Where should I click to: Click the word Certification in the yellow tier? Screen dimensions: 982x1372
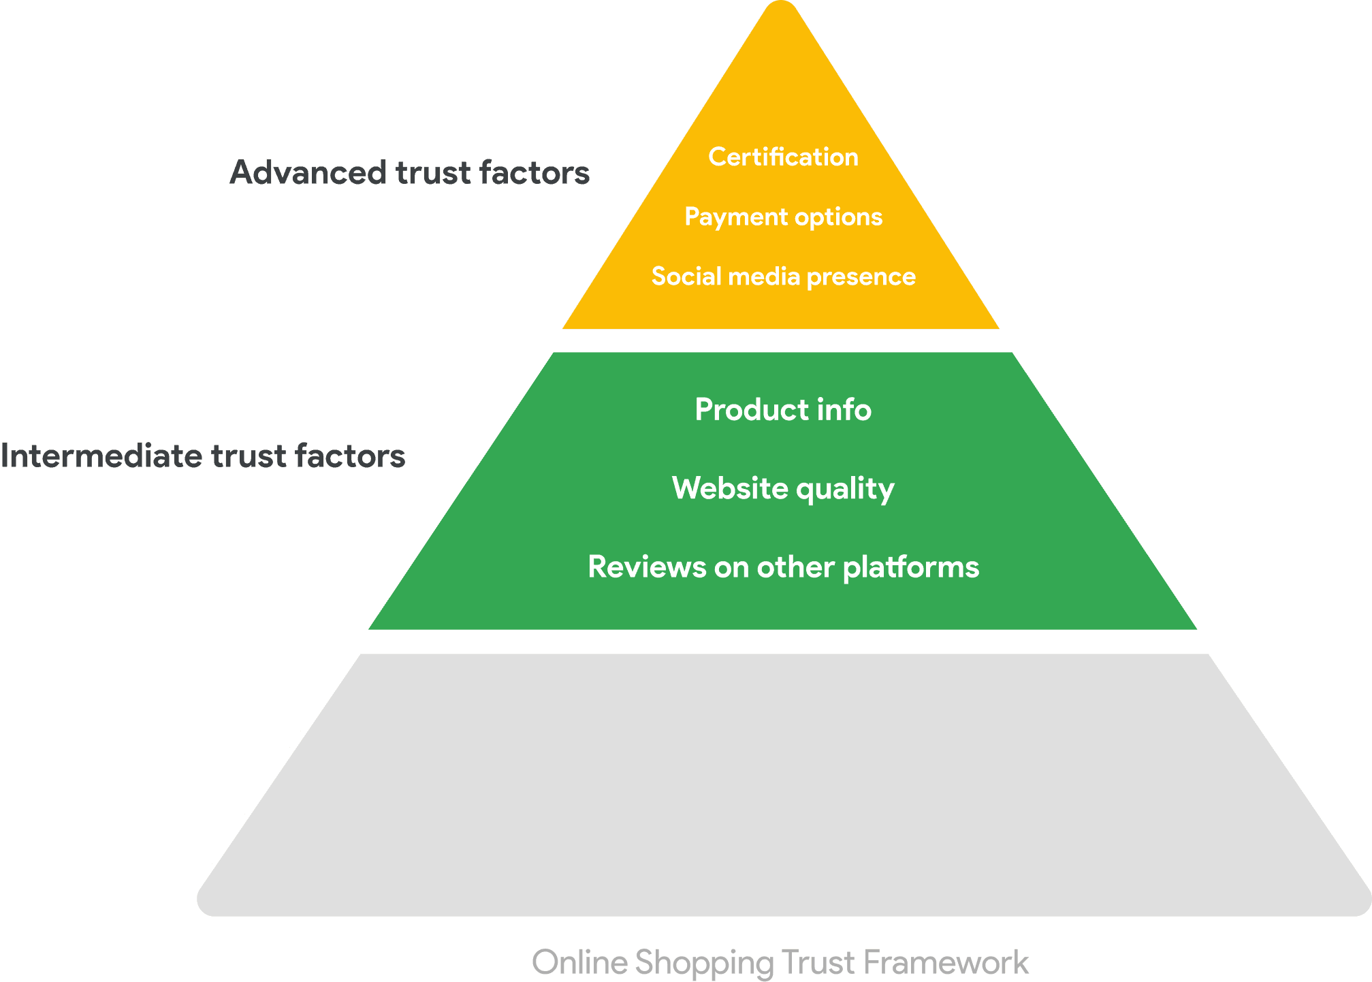(x=783, y=157)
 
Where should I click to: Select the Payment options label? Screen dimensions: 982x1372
(x=783, y=217)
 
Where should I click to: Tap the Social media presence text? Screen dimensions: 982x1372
(x=783, y=276)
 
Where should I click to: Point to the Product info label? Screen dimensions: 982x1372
(x=783, y=410)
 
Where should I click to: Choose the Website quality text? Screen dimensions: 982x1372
(x=783, y=489)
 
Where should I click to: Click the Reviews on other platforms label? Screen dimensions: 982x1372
(x=783, y=567)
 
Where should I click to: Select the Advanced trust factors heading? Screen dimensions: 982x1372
(x=410, y=172)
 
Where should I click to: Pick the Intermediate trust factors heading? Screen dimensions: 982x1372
(x=203, y=456)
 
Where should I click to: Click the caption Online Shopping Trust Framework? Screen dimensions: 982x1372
(x=780, y=963)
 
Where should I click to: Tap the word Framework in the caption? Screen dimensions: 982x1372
(x=946, y=963)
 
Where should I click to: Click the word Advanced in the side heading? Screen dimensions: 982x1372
(x=308, y=172)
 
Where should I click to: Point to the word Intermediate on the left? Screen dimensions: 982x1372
(x=101, y=456)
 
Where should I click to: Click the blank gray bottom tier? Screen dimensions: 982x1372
(x=783, y=783)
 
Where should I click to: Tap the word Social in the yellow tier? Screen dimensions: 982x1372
(x=686, y=276)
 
